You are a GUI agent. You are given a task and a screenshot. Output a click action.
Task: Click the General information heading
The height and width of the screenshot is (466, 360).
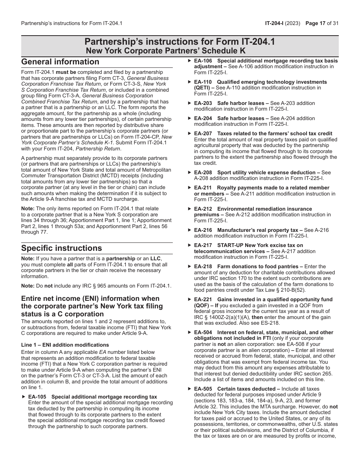(x=60, y=62)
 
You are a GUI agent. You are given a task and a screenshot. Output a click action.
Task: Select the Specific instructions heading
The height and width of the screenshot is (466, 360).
(x=61, y=248)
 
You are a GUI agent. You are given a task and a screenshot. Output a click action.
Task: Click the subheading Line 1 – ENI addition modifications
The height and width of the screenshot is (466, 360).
(x=65, y=345)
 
